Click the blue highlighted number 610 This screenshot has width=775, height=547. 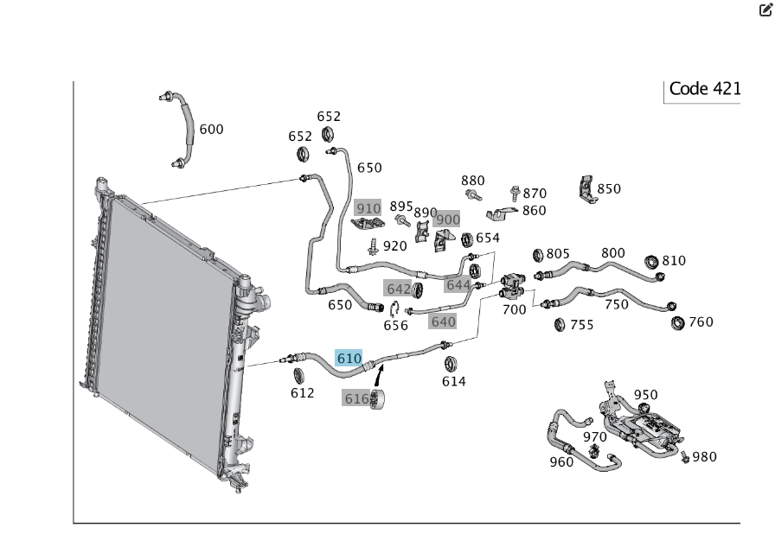[349, 358]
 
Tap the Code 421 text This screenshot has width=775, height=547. [705, 89]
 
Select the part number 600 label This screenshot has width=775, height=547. [211, 130]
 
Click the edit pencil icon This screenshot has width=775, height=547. [765, 10]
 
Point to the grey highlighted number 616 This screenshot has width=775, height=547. [355, 398]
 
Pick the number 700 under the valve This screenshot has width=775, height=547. [514, 310]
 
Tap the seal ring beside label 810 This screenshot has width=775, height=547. [652, 262]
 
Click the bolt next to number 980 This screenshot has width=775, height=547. [685, 457]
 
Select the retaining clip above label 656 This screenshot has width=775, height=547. [394, 309]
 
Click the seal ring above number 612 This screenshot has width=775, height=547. [298, 376]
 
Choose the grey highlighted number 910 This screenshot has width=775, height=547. [368, 208]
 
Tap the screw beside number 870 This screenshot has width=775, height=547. [515, 193]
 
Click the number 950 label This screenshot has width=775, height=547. [645, 395]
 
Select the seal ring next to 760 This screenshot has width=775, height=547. [677, 323]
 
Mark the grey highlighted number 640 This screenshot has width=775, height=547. [443, 321]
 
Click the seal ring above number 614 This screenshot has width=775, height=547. [451, 365]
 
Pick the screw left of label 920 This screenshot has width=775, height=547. [374, 246]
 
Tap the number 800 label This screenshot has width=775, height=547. [613, 253]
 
